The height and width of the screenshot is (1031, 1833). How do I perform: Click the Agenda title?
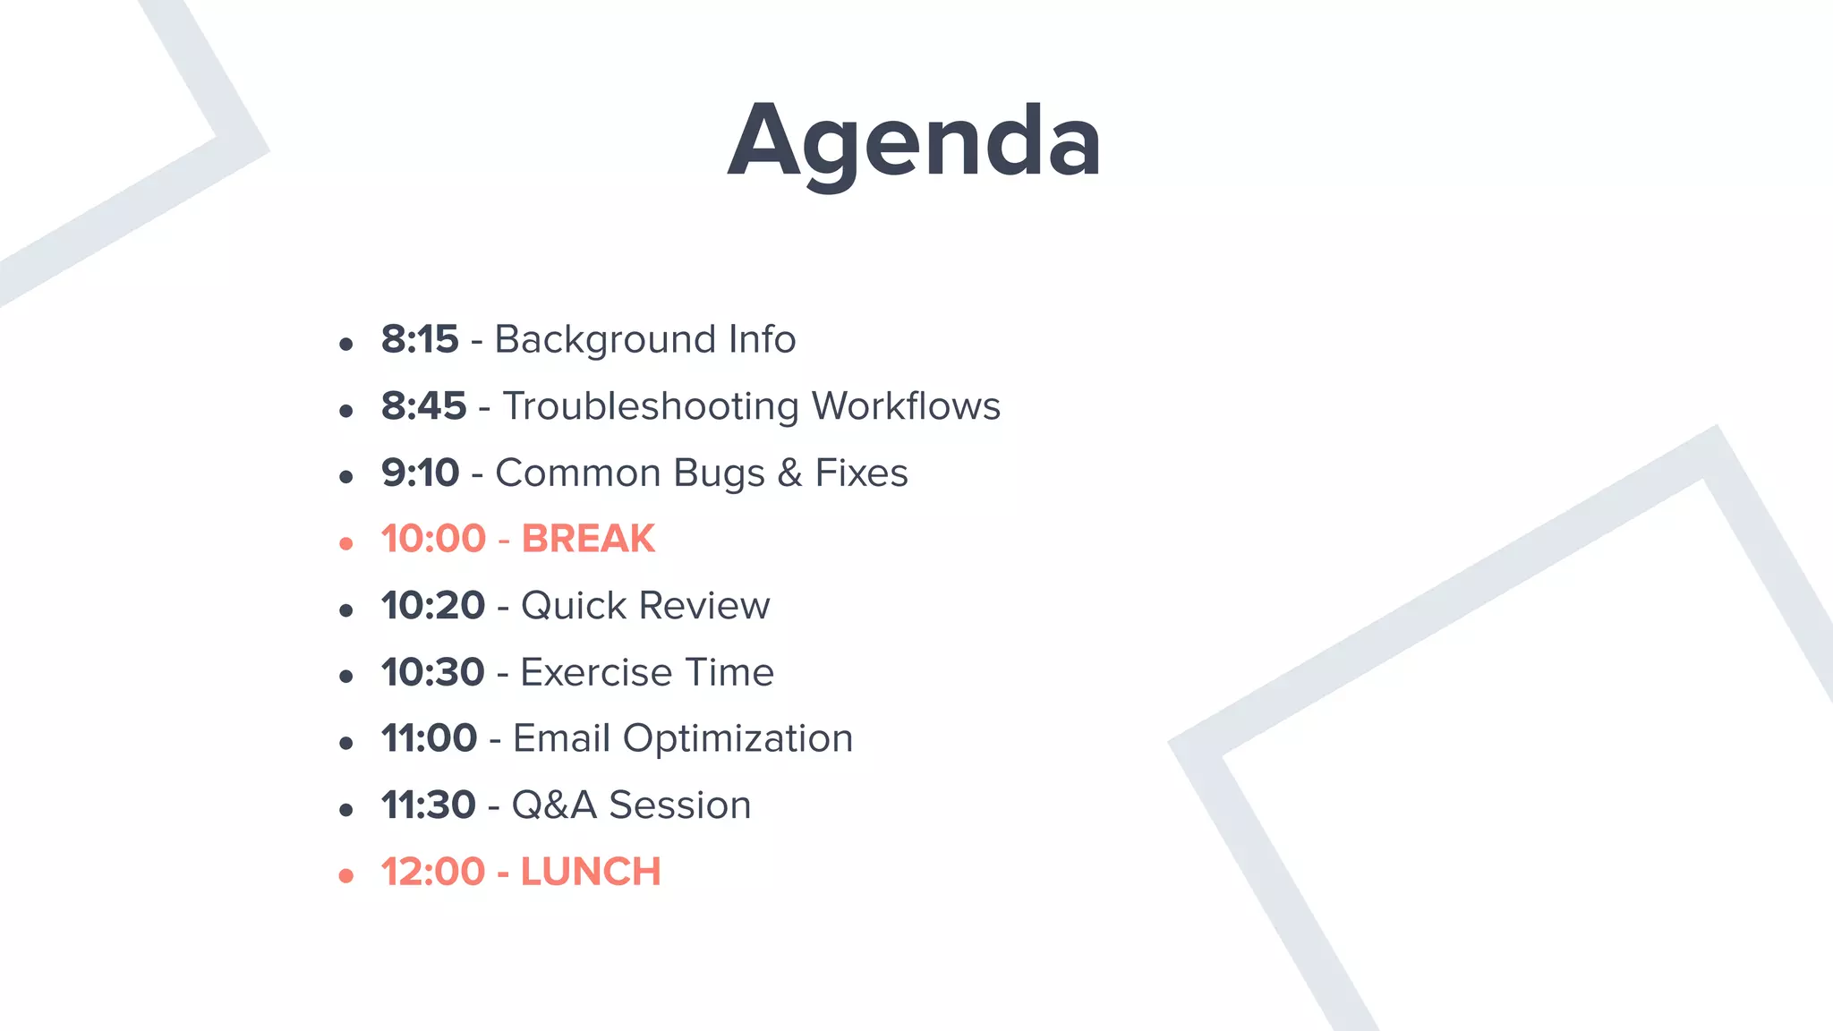pos(914,141)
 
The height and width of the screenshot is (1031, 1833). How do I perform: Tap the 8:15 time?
pos(420,339)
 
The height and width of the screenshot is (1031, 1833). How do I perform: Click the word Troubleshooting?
pos(651,407)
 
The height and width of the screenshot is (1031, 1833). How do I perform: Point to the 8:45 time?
pos(423,406)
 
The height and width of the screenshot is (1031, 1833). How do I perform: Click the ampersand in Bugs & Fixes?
pos(789,473)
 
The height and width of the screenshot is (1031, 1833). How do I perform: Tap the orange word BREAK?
pos(588,539)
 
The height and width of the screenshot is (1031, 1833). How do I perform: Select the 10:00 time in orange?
pos(433,539)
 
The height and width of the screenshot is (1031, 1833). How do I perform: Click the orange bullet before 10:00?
pos(346,543)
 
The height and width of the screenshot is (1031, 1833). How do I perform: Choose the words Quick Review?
pos(644,606)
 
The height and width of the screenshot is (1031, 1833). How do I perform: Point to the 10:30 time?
pos(432,672)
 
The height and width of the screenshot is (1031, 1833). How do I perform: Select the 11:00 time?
pos(429,738)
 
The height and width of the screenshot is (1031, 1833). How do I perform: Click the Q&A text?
pos(554,805)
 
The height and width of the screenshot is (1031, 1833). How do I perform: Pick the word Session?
pos(679,805)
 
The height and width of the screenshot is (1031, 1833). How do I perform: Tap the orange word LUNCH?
pos(591,872)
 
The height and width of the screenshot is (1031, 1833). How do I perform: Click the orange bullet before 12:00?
pos(346,876)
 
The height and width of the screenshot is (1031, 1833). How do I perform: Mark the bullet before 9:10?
pos(346,477)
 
